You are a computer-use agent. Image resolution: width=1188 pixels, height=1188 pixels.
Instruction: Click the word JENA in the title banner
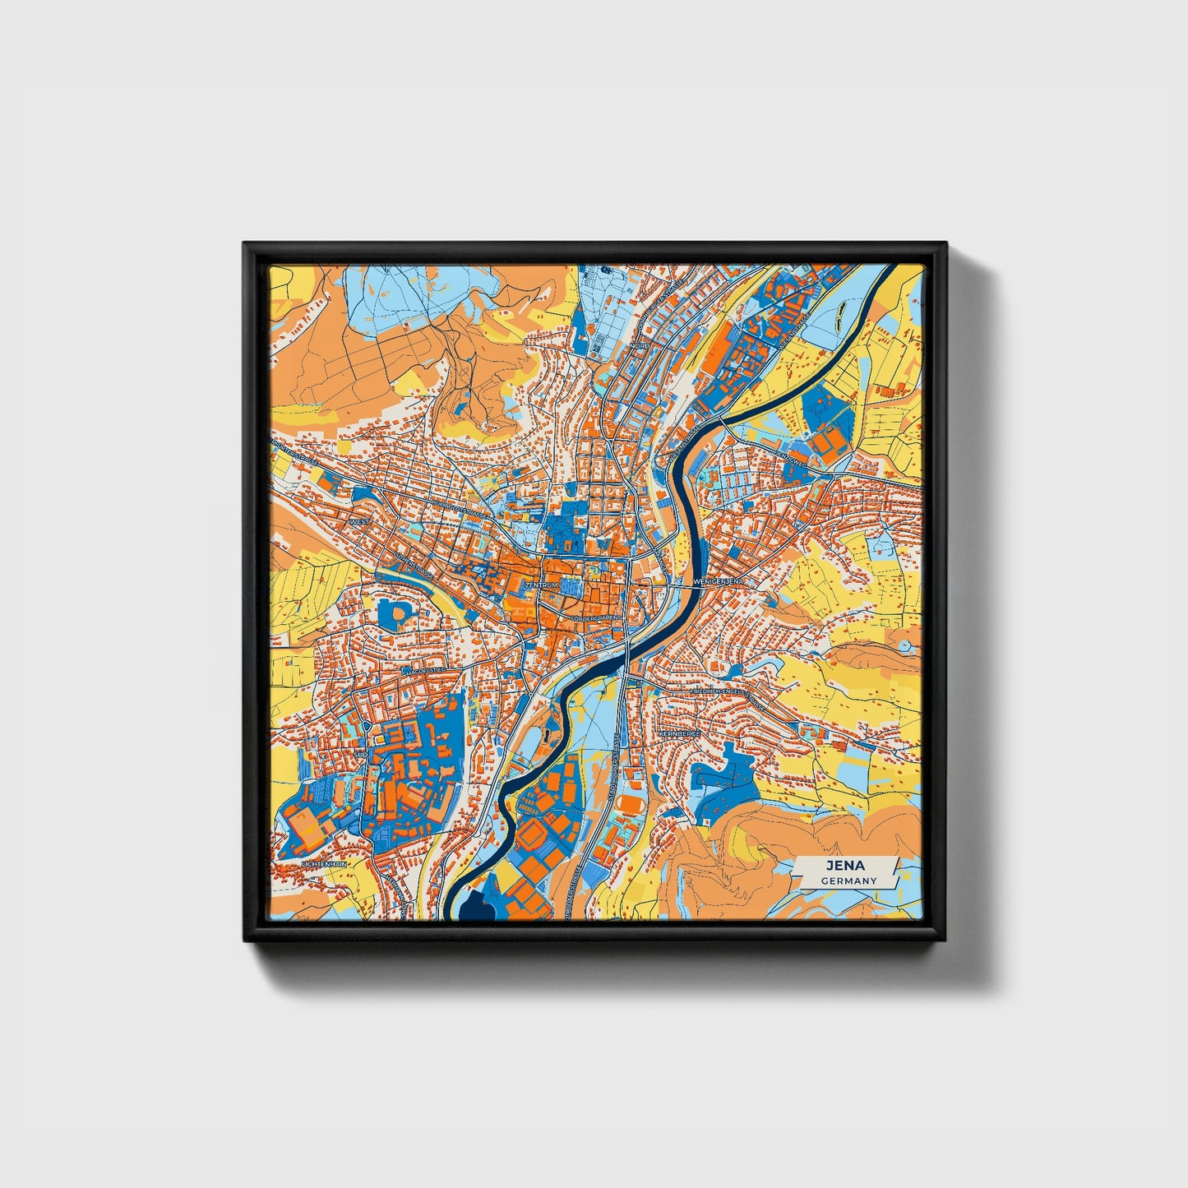click(x=846, y=865)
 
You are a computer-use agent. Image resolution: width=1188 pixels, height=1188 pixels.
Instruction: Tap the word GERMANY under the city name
click(x=848, y=881)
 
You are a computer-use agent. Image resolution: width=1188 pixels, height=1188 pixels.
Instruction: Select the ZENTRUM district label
click(x=541, y=585)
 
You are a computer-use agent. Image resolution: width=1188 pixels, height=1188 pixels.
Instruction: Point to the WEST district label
click(x=359, y=522)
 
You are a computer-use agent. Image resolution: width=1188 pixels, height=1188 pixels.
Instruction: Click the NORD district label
click(x=640, y=348)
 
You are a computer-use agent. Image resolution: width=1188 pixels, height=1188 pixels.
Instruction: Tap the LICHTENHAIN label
click(x=326, y=865)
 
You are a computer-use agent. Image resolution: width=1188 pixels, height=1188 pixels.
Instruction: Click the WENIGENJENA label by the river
click(x=719, y=581)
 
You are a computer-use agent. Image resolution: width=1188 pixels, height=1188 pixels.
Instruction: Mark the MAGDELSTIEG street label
click(x=423, y=671)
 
